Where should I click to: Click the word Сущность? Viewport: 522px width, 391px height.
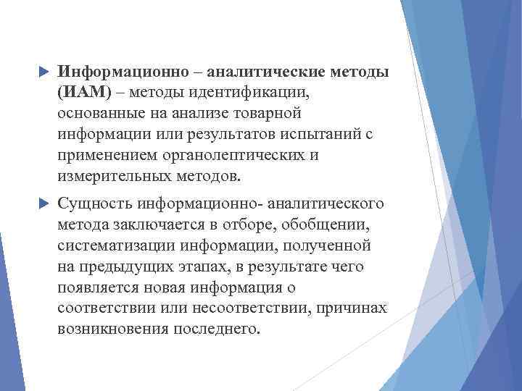(93, 205)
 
